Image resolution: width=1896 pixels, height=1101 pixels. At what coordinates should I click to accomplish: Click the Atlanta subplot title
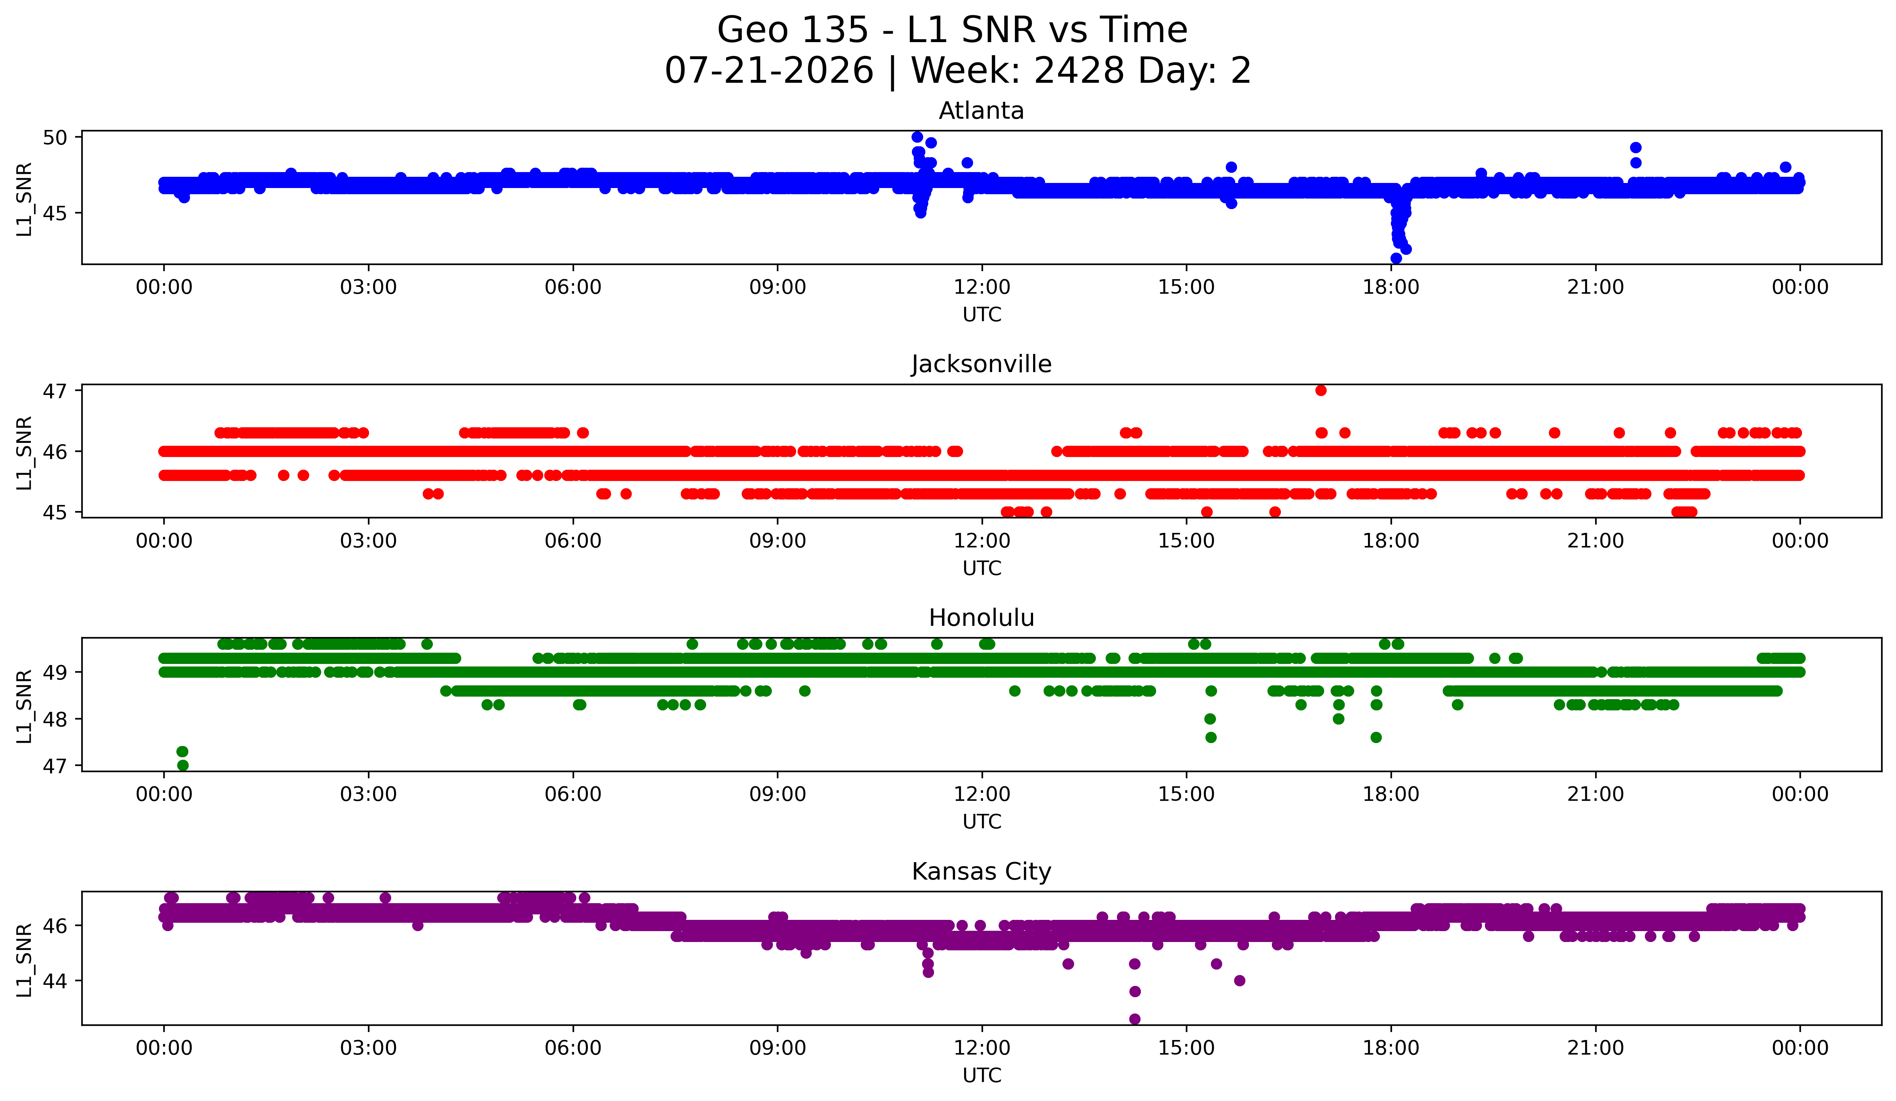pyautogui.click(x=981, y=111)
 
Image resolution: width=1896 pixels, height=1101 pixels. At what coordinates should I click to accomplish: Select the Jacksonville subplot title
pyautogui.click(x=981, y=364)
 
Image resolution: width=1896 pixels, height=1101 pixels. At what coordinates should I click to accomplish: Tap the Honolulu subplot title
pyautogui.click(x=981, y=618)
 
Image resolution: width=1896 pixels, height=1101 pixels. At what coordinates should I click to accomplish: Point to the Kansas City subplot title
pyautogui.click(x=981, y=872)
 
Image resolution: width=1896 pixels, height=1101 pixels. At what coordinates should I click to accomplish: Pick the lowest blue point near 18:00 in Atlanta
pyautogui.click(x=1396, y=258)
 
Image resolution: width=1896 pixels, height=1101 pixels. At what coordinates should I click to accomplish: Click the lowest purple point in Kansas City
pyautogui.click(x=1135, y=1019)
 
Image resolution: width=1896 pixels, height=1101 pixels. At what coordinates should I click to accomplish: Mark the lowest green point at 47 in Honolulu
pyautogui.click(x=182, y=765)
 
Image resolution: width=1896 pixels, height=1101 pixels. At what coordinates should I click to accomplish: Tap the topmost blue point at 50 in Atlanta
pyautogui.click(x=917, y=137)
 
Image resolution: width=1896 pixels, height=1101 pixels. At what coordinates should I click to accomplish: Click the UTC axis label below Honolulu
pyautogui.click(x=981, y=822)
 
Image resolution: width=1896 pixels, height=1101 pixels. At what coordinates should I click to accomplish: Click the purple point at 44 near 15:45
pyautogui.click(x=1239, y=980)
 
